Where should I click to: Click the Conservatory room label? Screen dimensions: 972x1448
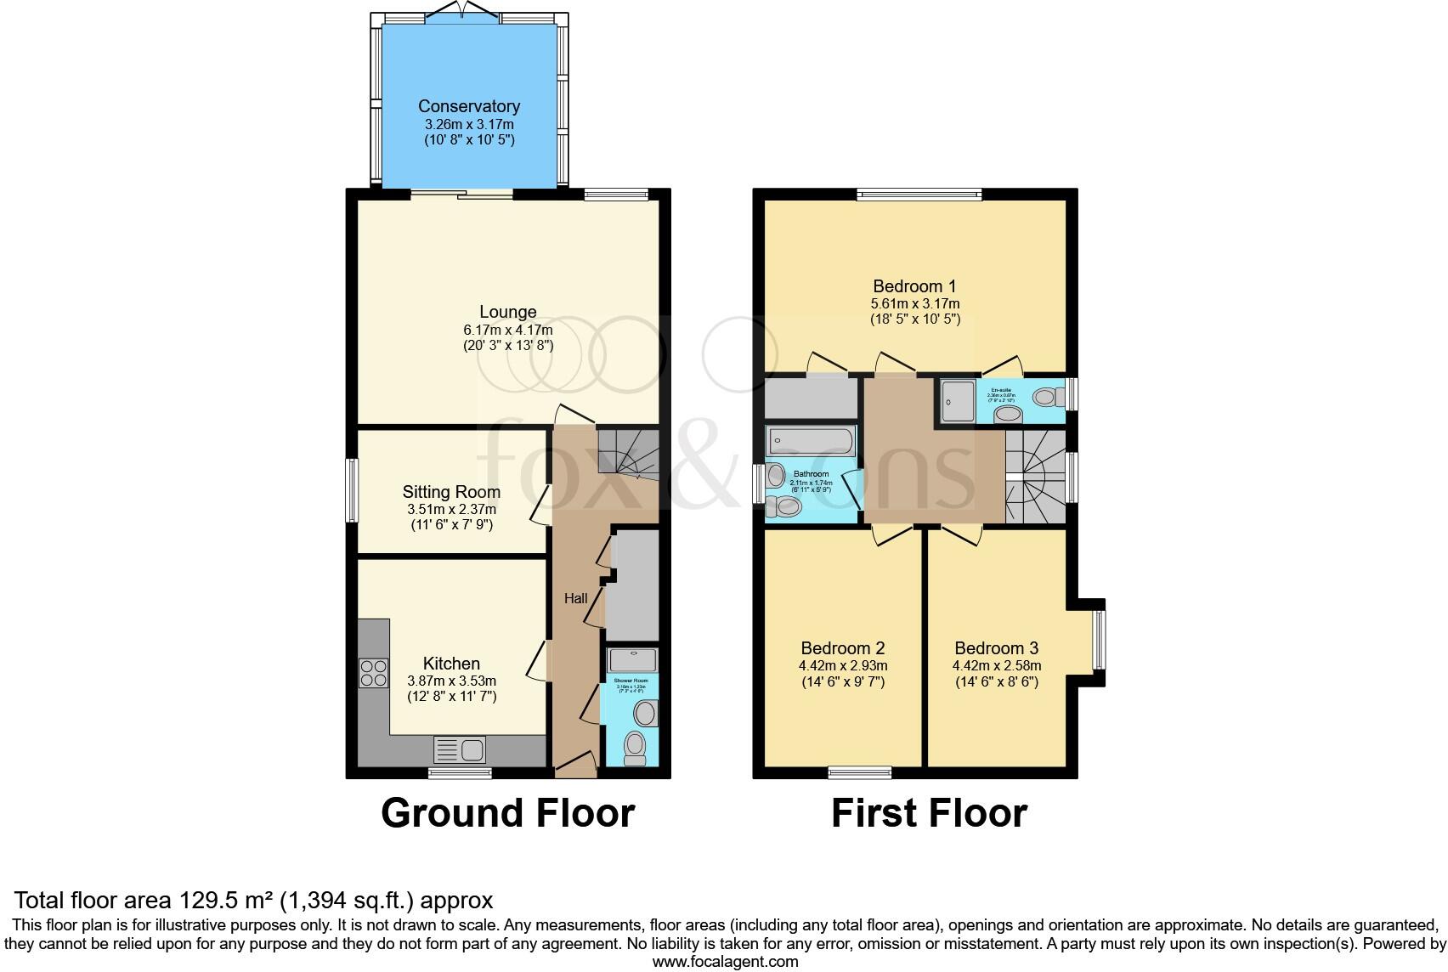(469, 106)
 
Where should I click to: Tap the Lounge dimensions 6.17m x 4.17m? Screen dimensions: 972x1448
(507, 330)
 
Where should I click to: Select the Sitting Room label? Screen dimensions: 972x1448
(451, 492)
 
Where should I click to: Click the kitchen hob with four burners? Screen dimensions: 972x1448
(374, 673)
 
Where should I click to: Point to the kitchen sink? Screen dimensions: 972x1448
(460, 749)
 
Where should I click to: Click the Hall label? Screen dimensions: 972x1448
(576, 598)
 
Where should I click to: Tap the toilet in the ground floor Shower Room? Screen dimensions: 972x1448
(634, 748)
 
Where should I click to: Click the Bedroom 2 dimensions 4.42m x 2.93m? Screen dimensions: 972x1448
(843, 666)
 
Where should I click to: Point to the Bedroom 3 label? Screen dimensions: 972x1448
(996, 647)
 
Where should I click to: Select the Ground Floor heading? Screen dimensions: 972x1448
(507, 813)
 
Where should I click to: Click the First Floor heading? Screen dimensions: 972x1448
(929, 813)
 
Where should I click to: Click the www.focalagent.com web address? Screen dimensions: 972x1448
(724, 962)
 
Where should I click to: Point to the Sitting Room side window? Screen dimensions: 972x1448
(350, 490)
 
